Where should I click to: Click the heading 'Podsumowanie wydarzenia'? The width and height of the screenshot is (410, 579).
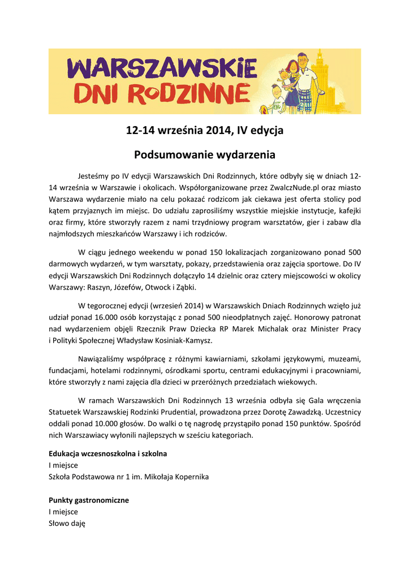[x=204, y=154]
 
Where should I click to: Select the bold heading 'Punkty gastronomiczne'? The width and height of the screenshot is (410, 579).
[x=89, y=500]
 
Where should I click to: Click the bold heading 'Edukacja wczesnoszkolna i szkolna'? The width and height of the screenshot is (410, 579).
[x=108, y=454]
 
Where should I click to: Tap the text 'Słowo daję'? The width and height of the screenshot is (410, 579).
[x=67, y=523]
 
